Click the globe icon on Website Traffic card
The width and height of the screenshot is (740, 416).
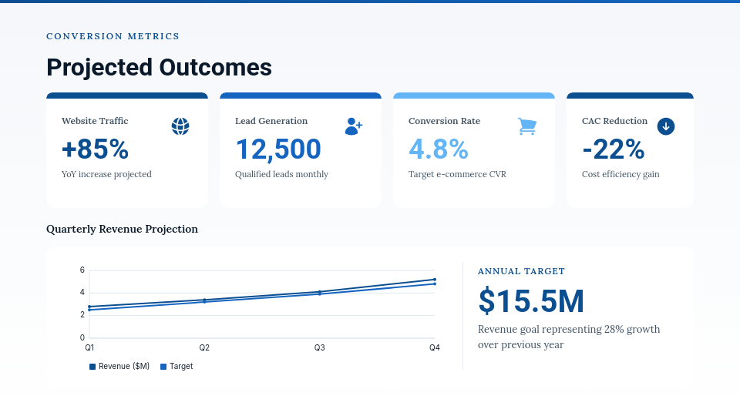180,126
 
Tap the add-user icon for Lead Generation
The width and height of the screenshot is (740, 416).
353,126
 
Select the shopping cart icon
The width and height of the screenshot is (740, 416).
527,126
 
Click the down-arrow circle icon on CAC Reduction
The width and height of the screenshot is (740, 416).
666,126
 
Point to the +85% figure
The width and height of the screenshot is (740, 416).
95,149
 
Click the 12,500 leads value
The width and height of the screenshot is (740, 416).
278,149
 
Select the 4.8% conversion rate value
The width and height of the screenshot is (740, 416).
439,149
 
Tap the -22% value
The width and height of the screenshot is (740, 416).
613,149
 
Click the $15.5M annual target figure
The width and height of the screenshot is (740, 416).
531,301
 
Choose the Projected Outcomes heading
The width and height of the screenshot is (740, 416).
159,68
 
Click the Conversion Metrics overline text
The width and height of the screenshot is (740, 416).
113,36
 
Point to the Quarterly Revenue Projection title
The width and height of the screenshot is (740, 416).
122,229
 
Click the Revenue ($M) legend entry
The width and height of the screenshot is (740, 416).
119,367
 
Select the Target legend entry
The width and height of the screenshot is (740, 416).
177,367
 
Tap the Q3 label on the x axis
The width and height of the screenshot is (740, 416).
319,348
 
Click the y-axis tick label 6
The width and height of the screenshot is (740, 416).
82,270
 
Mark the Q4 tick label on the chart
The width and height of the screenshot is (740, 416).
435,348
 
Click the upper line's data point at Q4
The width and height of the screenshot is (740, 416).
435,280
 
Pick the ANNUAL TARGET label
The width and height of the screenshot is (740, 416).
521,271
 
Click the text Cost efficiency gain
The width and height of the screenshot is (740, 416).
621,174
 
